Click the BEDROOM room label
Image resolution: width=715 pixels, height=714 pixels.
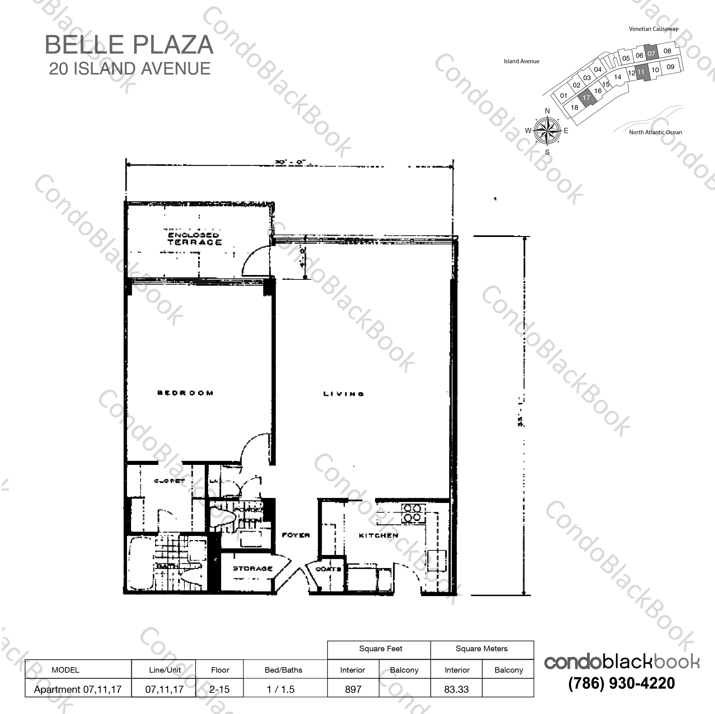click(x=185, y=393)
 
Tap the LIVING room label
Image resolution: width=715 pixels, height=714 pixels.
click(x=343, y=394)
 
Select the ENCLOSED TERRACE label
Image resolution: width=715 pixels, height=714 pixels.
click(x=194, y=239)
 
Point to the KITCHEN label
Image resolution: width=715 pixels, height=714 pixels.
click(x=378, y=535)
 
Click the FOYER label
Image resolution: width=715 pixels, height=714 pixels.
click(x=296, y=535)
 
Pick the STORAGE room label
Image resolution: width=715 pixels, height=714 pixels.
click(x=252, y=568)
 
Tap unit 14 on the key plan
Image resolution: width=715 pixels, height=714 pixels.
click(x=617, y=77)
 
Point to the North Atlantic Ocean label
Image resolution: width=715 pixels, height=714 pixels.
click(x=655, y=132)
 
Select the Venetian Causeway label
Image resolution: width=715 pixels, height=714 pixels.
click(x=653, y=29)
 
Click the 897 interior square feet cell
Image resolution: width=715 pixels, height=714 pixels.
click(x=353, y=689)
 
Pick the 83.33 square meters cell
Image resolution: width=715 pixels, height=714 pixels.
click(x=456, y=689)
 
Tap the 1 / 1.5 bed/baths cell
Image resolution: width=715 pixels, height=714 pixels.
click(x=281, y=689)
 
